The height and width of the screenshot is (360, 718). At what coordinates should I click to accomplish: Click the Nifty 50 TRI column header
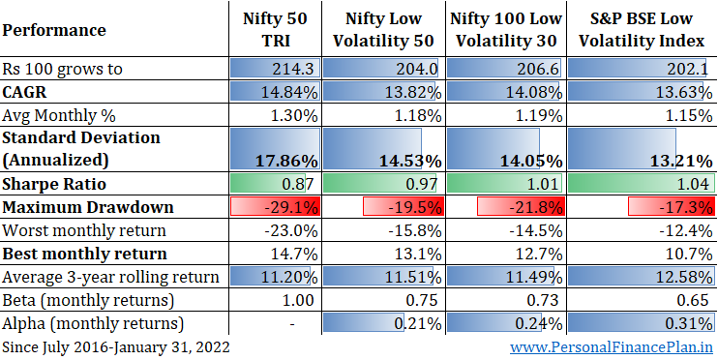pos(275,30)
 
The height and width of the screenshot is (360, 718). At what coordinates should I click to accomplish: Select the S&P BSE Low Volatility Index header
pos(641,30)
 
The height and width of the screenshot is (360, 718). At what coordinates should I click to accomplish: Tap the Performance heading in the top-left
pos(54,30)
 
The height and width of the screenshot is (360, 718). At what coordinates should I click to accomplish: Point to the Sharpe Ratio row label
pos(54,184)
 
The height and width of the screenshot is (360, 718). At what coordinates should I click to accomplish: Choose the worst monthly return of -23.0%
pos(291,230)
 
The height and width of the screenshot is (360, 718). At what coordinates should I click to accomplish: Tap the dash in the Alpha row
pos(292,324)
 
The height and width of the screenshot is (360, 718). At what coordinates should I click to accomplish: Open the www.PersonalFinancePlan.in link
pos(612,347)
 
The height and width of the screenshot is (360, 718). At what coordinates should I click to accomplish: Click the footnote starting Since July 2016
pos(116,347)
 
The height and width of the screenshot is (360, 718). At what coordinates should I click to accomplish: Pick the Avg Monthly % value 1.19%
pos(534,116)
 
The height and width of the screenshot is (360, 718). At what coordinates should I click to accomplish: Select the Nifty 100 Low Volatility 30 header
pos(506,30)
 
